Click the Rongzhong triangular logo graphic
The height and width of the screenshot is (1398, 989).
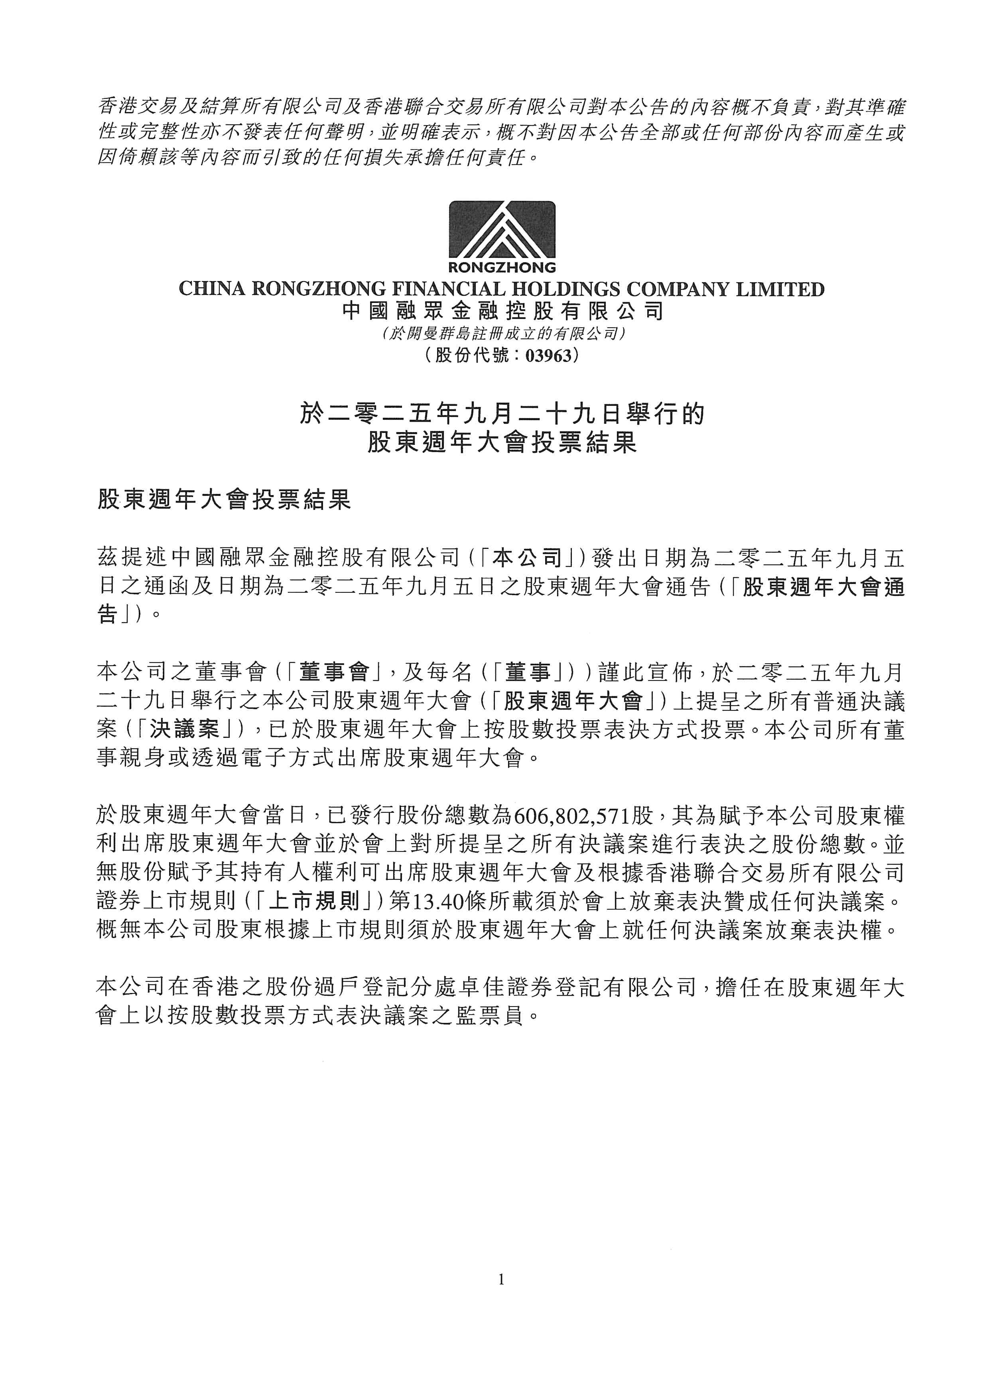[x=502, y=230]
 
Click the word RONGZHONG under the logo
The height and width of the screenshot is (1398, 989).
[x=502, y=267]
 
